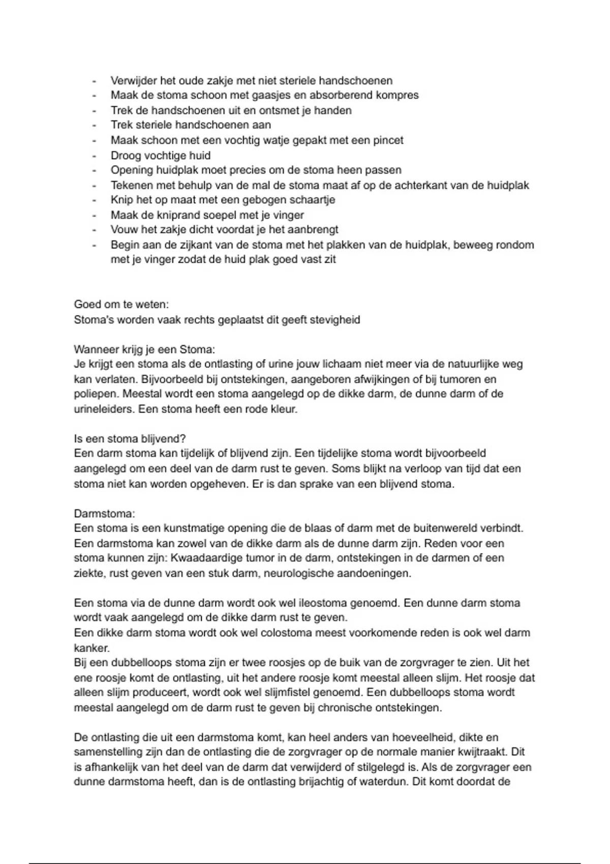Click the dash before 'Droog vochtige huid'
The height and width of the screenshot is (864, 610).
(94, 156)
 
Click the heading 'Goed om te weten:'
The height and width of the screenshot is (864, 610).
(121, 304)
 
